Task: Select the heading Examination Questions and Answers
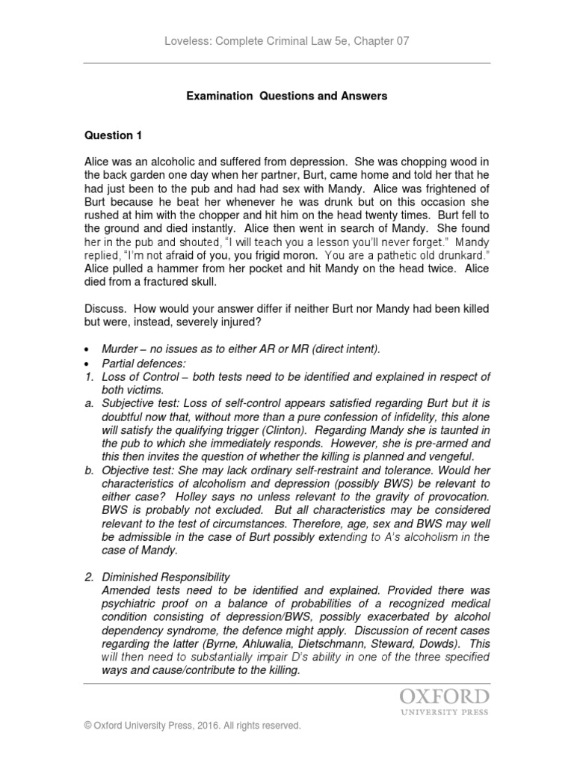click(286, 96)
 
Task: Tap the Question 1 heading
click(113, 135)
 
